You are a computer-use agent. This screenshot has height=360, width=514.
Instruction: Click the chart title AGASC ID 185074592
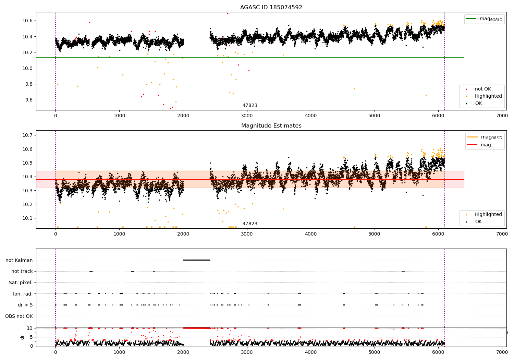[x=271, y=8]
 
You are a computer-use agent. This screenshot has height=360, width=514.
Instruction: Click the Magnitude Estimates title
[x=271, y=126]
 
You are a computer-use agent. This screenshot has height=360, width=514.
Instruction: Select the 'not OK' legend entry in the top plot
[x=483, y=89]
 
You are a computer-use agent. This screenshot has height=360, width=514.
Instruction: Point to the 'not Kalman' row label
[x=19, y=260]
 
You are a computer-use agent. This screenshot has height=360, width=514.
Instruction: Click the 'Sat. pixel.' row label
[x=21, y=283]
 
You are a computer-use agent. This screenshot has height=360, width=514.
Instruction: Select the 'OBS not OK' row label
[x=19, y=316]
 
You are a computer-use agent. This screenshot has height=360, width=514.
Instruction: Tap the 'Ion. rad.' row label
[x=23, y=294]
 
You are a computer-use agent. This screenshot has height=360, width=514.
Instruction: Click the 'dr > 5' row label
[x=25, y=305]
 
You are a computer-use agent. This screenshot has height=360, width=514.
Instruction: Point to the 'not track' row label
[x=22, y=271]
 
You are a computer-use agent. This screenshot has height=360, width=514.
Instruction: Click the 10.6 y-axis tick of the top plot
[x=27, y=21]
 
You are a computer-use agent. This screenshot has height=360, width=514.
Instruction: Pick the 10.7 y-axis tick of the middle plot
[x=27, y=135]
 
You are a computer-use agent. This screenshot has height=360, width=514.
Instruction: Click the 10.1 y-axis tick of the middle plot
[x=27, y=218]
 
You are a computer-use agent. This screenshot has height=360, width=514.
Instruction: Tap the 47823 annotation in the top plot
[x=250, y=106]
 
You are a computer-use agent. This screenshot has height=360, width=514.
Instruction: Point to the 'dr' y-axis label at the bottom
[x=22, y=337]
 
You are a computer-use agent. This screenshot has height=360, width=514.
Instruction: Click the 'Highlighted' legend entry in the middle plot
[x=488, y=215]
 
